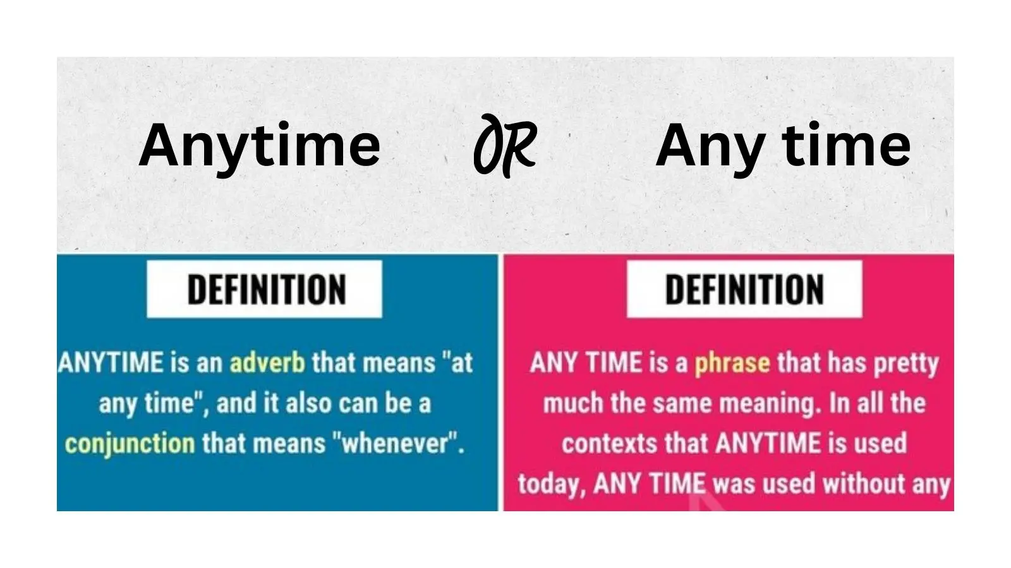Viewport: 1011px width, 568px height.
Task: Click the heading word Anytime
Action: pos(259,145)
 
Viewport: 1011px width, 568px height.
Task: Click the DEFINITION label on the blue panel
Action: pos(265,290)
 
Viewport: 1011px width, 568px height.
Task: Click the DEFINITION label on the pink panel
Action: pos(744,290)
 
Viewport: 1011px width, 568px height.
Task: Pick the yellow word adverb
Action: pos(267,363)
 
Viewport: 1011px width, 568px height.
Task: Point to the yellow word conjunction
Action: pos(130,444)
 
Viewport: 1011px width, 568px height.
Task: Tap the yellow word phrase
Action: pos(732,363)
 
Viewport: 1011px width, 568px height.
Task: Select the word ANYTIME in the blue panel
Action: pos(111,363)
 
